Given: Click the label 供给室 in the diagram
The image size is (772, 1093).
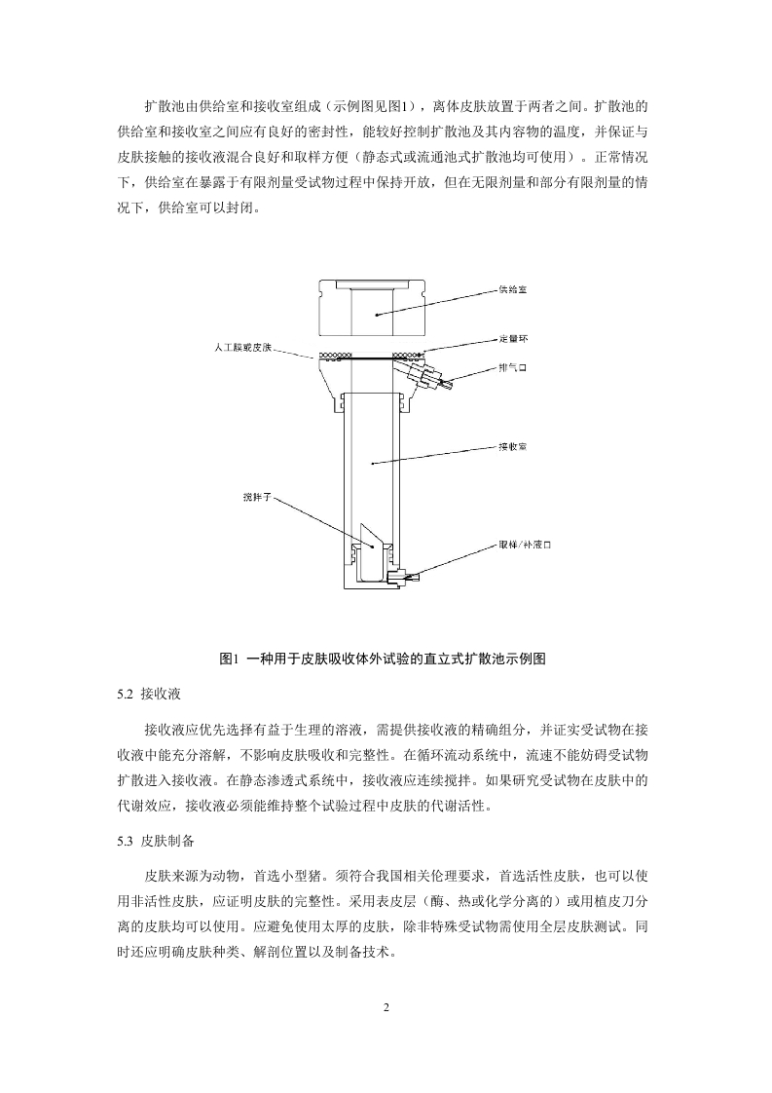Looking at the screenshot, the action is [x=512, y=289].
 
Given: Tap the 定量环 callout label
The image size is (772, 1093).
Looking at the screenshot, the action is [x=513, y=338].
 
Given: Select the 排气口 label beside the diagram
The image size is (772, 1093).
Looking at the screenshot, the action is [x=512, y=367].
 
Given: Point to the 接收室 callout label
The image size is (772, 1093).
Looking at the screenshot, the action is [x=513, y=446].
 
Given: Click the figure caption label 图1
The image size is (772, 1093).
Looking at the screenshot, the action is [x=230, y=659].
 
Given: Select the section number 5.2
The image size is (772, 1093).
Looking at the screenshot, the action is [x=123, y=694].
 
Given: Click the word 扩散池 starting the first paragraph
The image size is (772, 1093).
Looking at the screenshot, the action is [x=162, y=105].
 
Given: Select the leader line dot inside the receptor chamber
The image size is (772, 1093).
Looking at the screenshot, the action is [x=370, y=464].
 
